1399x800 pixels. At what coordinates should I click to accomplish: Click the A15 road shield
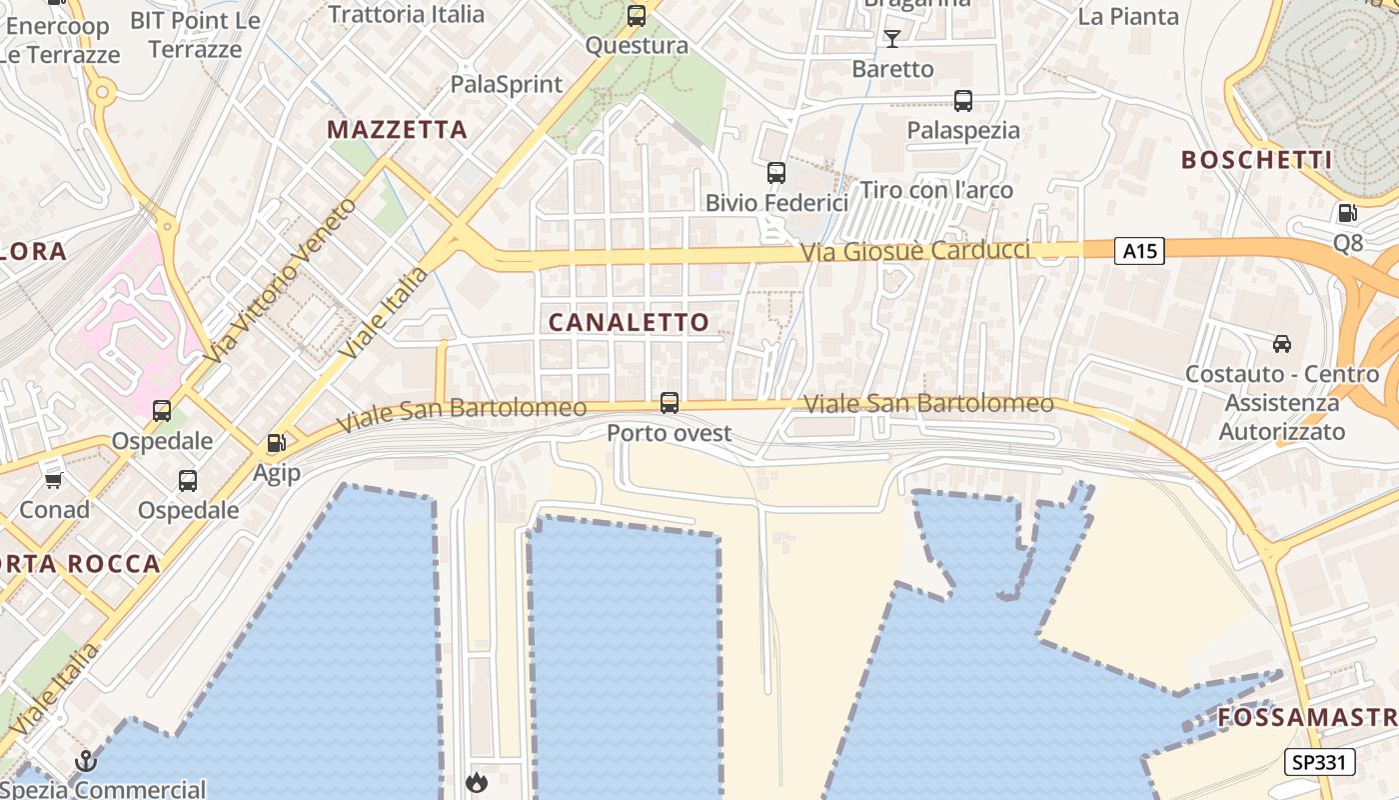click(x=1139, y=250)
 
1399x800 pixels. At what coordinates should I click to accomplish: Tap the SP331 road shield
click(x=1319, y=762)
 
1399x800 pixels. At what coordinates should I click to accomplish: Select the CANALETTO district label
click(x=629, y=322)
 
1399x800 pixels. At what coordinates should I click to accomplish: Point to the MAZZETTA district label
click(x=397, y=130)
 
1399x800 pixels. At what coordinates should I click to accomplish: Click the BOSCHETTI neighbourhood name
click(x=1256, y=160)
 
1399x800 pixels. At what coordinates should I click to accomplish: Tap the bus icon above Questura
click(x=637, y=16)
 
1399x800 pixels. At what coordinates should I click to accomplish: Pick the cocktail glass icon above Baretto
click(x=892, y=39)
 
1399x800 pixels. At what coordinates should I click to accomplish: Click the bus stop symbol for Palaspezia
click(x=963, y=101)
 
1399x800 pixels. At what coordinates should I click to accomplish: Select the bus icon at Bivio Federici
click(x=776, y=173)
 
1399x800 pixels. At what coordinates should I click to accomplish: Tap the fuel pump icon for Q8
click(x=1347, y=213)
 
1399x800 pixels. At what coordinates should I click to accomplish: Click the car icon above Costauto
click(x=1282, y=344)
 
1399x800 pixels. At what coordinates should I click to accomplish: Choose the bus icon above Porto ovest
click(x=670, y=403)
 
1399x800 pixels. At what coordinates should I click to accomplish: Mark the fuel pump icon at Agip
click(x=276, y=443)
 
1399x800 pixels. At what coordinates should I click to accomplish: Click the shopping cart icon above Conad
click(x=54, y=480)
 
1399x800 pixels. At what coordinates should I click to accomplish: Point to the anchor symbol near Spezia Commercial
click(x=86, y=762)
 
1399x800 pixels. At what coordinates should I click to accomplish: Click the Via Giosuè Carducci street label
click(x=914, y=250)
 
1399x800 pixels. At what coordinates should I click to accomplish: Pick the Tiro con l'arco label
click(x=936, y=190)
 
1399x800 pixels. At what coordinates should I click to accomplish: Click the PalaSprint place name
click(x=507, y=84)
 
